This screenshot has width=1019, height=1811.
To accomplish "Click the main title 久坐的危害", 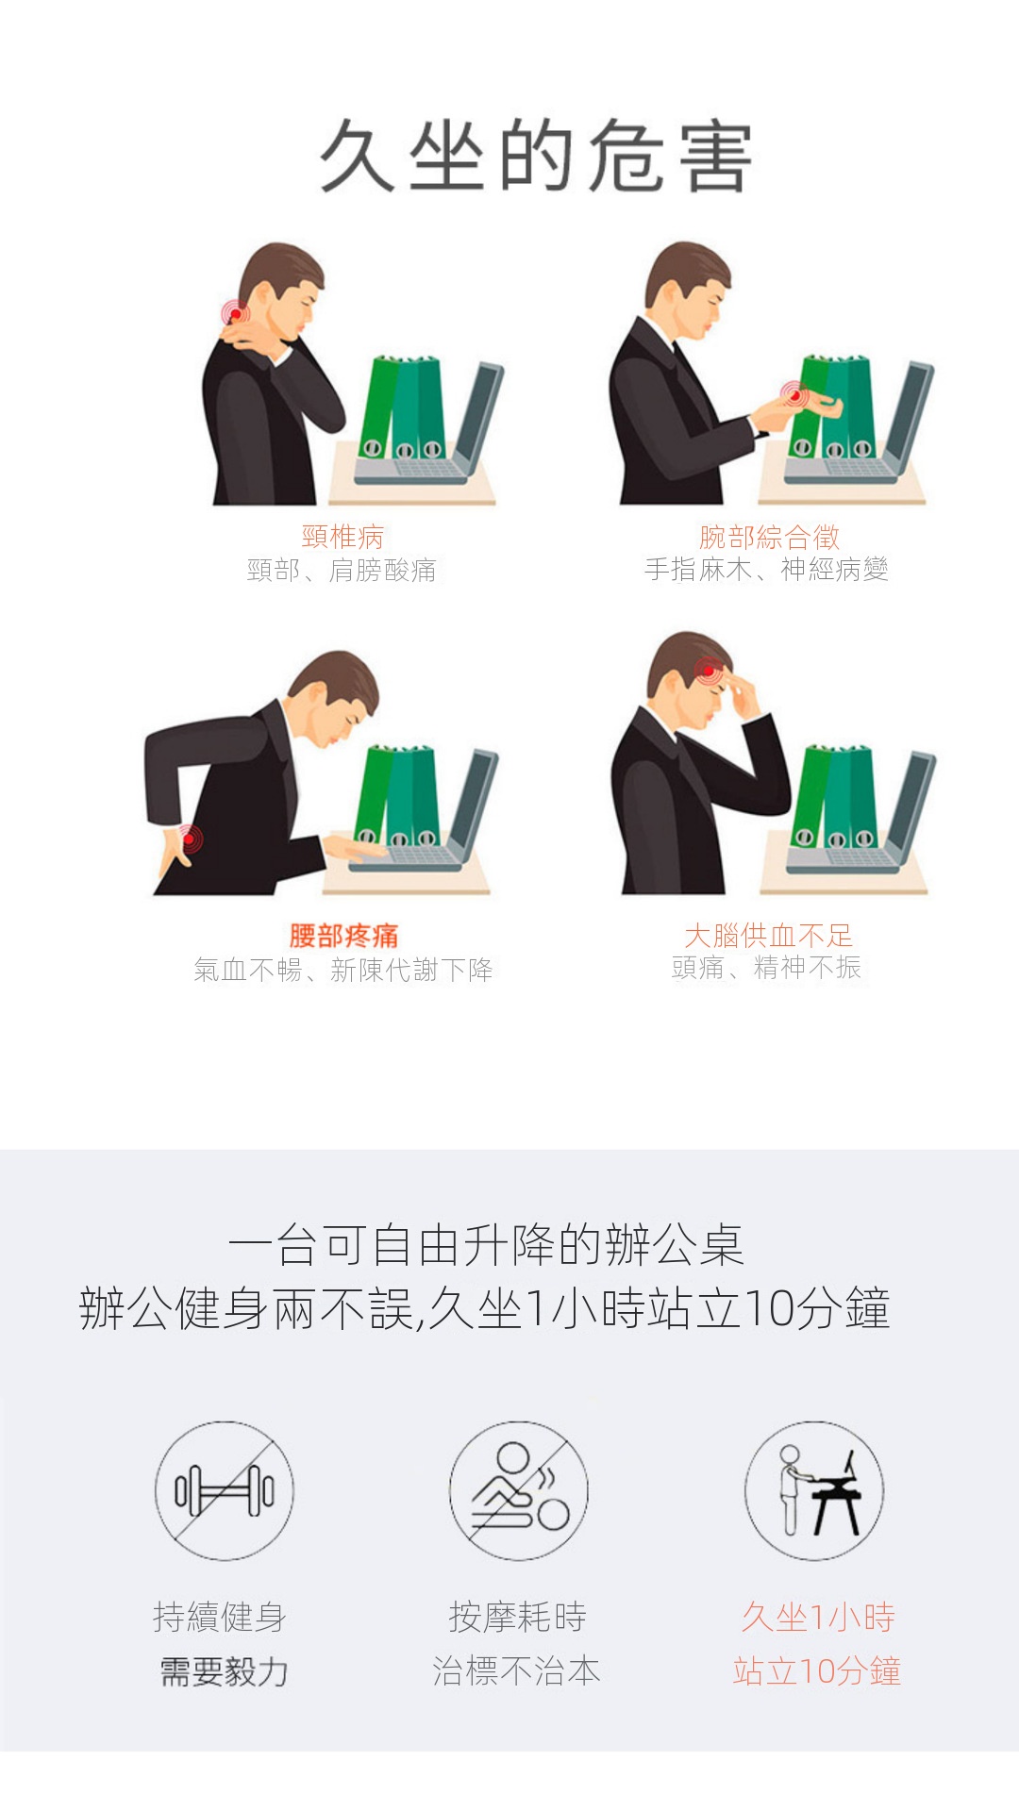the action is [x=537, y=157].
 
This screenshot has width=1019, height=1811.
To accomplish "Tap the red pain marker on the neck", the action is [x=235, y=312].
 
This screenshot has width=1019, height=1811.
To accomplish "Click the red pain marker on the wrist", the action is [x=794, y=395].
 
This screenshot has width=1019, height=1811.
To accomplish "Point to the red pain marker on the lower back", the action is [x=189, y=838].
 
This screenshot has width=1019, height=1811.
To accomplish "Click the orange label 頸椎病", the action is [x=342, y=537].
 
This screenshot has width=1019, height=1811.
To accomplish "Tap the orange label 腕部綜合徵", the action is [x=769, y=537].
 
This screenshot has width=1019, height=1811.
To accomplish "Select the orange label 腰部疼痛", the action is [x=343, y=936].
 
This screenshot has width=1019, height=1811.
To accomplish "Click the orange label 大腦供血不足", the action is [x=768, y=936].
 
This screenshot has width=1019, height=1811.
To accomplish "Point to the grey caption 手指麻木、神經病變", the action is [x=766, y=570].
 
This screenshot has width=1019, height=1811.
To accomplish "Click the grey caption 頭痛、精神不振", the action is [x=766, y=968].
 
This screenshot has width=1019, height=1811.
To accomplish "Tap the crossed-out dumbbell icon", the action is [x=225, y=1490].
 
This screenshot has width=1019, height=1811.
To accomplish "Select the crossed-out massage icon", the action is [x=518, y=1490].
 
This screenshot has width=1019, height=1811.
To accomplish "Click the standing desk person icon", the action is [x=814, y=1490].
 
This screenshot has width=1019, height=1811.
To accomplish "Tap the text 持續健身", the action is [x=220, y=1617].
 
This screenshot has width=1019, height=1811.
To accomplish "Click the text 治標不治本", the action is [x=516, y=1671].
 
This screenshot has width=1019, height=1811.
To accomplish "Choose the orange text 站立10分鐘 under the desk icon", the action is [x=817, y=1671].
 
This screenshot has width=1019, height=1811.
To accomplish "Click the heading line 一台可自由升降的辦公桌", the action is [x=486, y=1245].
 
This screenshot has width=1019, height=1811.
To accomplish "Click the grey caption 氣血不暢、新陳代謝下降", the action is [x=343, y=970].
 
